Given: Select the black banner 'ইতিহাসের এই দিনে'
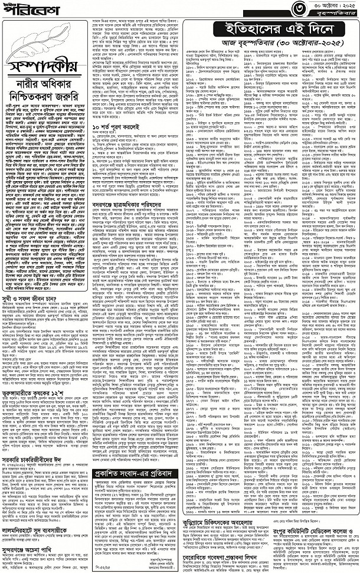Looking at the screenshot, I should click(x=270, y=31).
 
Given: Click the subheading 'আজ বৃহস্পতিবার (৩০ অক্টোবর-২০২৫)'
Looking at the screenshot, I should click(x=270, y=45).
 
